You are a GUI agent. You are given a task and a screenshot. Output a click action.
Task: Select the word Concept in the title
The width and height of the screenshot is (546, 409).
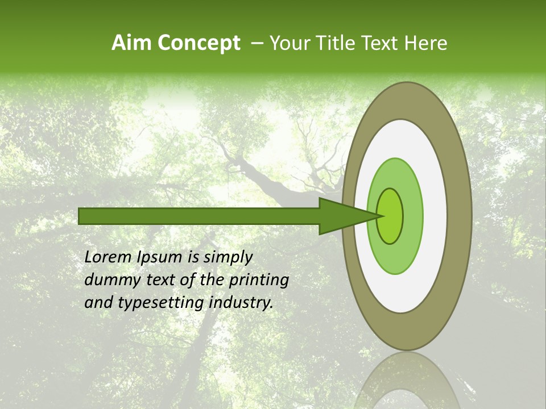coord(199,43)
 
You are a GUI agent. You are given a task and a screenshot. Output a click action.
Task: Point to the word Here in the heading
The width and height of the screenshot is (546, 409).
coord(426,43)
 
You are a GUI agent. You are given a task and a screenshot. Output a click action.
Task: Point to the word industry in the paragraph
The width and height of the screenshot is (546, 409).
coord(241,303)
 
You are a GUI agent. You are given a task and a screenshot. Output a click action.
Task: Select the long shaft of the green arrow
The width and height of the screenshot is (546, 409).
coord(199,216)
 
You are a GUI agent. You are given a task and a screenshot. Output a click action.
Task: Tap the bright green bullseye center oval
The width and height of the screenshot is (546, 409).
coord(390,216)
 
